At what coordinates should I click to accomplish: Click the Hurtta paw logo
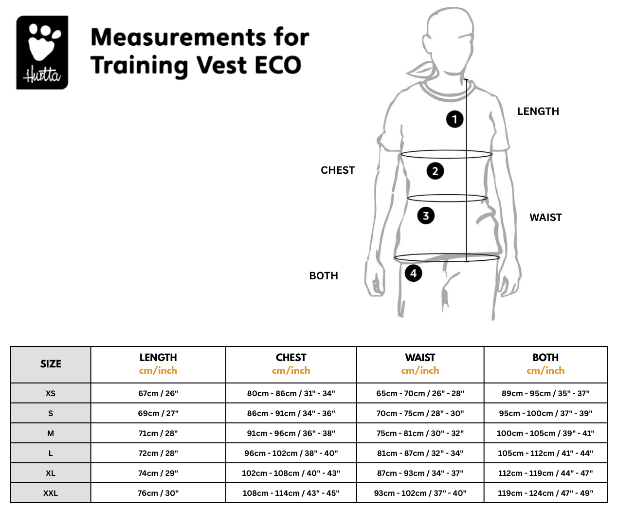click(42, 53)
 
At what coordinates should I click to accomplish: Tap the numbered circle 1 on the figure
click(454, 119)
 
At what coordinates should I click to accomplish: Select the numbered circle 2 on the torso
click(435, 171)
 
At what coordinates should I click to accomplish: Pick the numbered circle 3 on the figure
click(426, 216)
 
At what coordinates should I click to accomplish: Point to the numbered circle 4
click(414, 273)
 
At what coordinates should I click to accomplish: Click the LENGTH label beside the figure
click(538, 111)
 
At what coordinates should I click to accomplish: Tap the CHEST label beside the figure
click(338, 170)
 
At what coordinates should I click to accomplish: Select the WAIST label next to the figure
click(546, 218)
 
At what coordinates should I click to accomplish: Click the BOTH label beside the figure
click(324, 276)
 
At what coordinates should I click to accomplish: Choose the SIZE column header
click(51, 364)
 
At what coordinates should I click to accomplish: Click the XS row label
click(51, 393)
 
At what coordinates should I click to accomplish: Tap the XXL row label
click(51, 493)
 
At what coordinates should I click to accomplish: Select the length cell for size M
click(158, 433)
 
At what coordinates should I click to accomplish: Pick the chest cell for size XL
click(291, 474)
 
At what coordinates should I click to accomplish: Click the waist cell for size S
click(420, 413)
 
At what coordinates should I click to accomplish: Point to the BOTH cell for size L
click(545, 453)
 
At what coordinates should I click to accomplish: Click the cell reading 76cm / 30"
click(158, 493)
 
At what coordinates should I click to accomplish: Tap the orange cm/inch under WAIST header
click(420, 371)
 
